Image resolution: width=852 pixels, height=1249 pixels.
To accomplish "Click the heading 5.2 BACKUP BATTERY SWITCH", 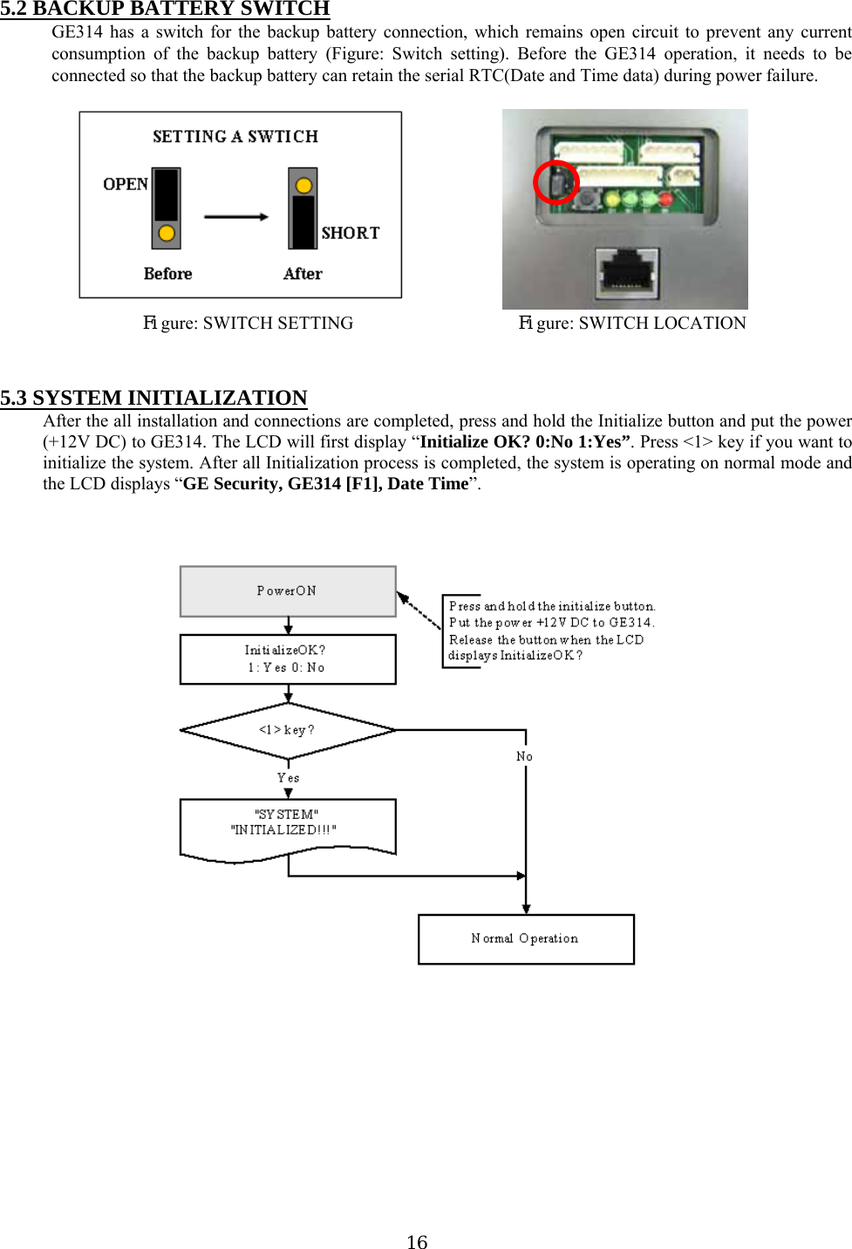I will point(165,9).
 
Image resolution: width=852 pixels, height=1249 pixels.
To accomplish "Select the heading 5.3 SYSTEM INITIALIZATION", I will point(153,398).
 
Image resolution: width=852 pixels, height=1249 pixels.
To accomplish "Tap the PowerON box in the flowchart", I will point(288,591).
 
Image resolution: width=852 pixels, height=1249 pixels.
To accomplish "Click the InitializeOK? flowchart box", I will point(288,659).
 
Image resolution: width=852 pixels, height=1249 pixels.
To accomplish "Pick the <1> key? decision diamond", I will point(288,731).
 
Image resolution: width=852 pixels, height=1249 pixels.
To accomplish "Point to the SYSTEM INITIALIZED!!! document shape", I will point(288,827).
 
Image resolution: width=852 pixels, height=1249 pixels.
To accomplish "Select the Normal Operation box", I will point(526,939).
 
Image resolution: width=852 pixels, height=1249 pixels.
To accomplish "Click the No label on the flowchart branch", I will point(524,756).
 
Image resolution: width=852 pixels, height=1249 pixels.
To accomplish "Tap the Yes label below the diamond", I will point(288,777).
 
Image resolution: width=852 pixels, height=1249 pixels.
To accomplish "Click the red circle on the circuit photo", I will point(556,182).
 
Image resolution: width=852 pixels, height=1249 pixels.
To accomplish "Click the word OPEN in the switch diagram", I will point(126,184).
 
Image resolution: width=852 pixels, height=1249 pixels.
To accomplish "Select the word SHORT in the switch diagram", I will point(350,233).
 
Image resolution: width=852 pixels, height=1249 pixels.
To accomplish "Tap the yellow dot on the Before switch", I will point(167,233).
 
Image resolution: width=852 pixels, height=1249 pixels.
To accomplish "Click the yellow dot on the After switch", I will point(303,185).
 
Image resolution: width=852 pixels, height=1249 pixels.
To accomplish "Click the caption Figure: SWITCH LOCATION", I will point(632,323).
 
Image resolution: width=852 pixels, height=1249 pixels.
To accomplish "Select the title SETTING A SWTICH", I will point(235,136).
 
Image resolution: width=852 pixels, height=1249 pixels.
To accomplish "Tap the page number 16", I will point(417,1241).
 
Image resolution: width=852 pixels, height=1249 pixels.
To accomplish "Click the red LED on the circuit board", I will point(666,199).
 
